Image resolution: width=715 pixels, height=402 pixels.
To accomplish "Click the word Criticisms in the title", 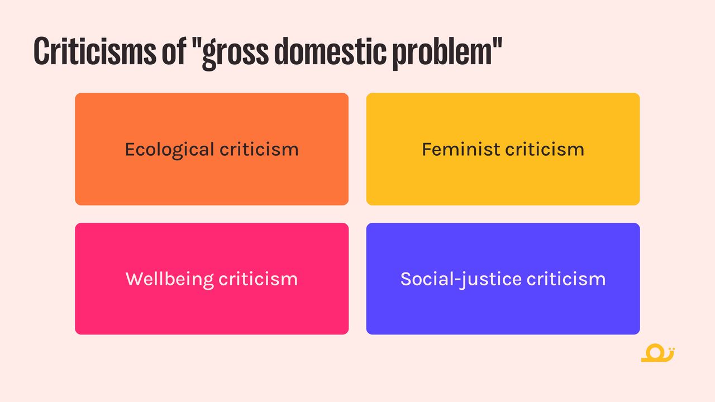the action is coord(95,51).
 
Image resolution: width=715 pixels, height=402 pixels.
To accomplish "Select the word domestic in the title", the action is coord(330,51).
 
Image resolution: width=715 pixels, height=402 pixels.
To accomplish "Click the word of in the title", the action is coord(174,51).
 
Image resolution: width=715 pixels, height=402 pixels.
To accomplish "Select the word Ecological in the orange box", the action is coord(169,150).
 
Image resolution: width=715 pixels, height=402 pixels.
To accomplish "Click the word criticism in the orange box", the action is coord(259,149).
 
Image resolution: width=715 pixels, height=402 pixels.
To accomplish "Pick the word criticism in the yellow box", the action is coord(545,149).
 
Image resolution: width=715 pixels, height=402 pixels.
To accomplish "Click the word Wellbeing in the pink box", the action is coord(169,280).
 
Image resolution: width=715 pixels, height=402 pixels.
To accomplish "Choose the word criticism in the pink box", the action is coord(258,279).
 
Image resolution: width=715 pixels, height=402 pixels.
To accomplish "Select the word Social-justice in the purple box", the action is coord(461,280).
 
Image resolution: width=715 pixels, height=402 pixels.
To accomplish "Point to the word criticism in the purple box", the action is coord(566,279).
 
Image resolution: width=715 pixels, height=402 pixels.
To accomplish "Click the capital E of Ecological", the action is coord(131,149).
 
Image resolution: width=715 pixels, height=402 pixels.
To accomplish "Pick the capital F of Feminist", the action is coord(427,149).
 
